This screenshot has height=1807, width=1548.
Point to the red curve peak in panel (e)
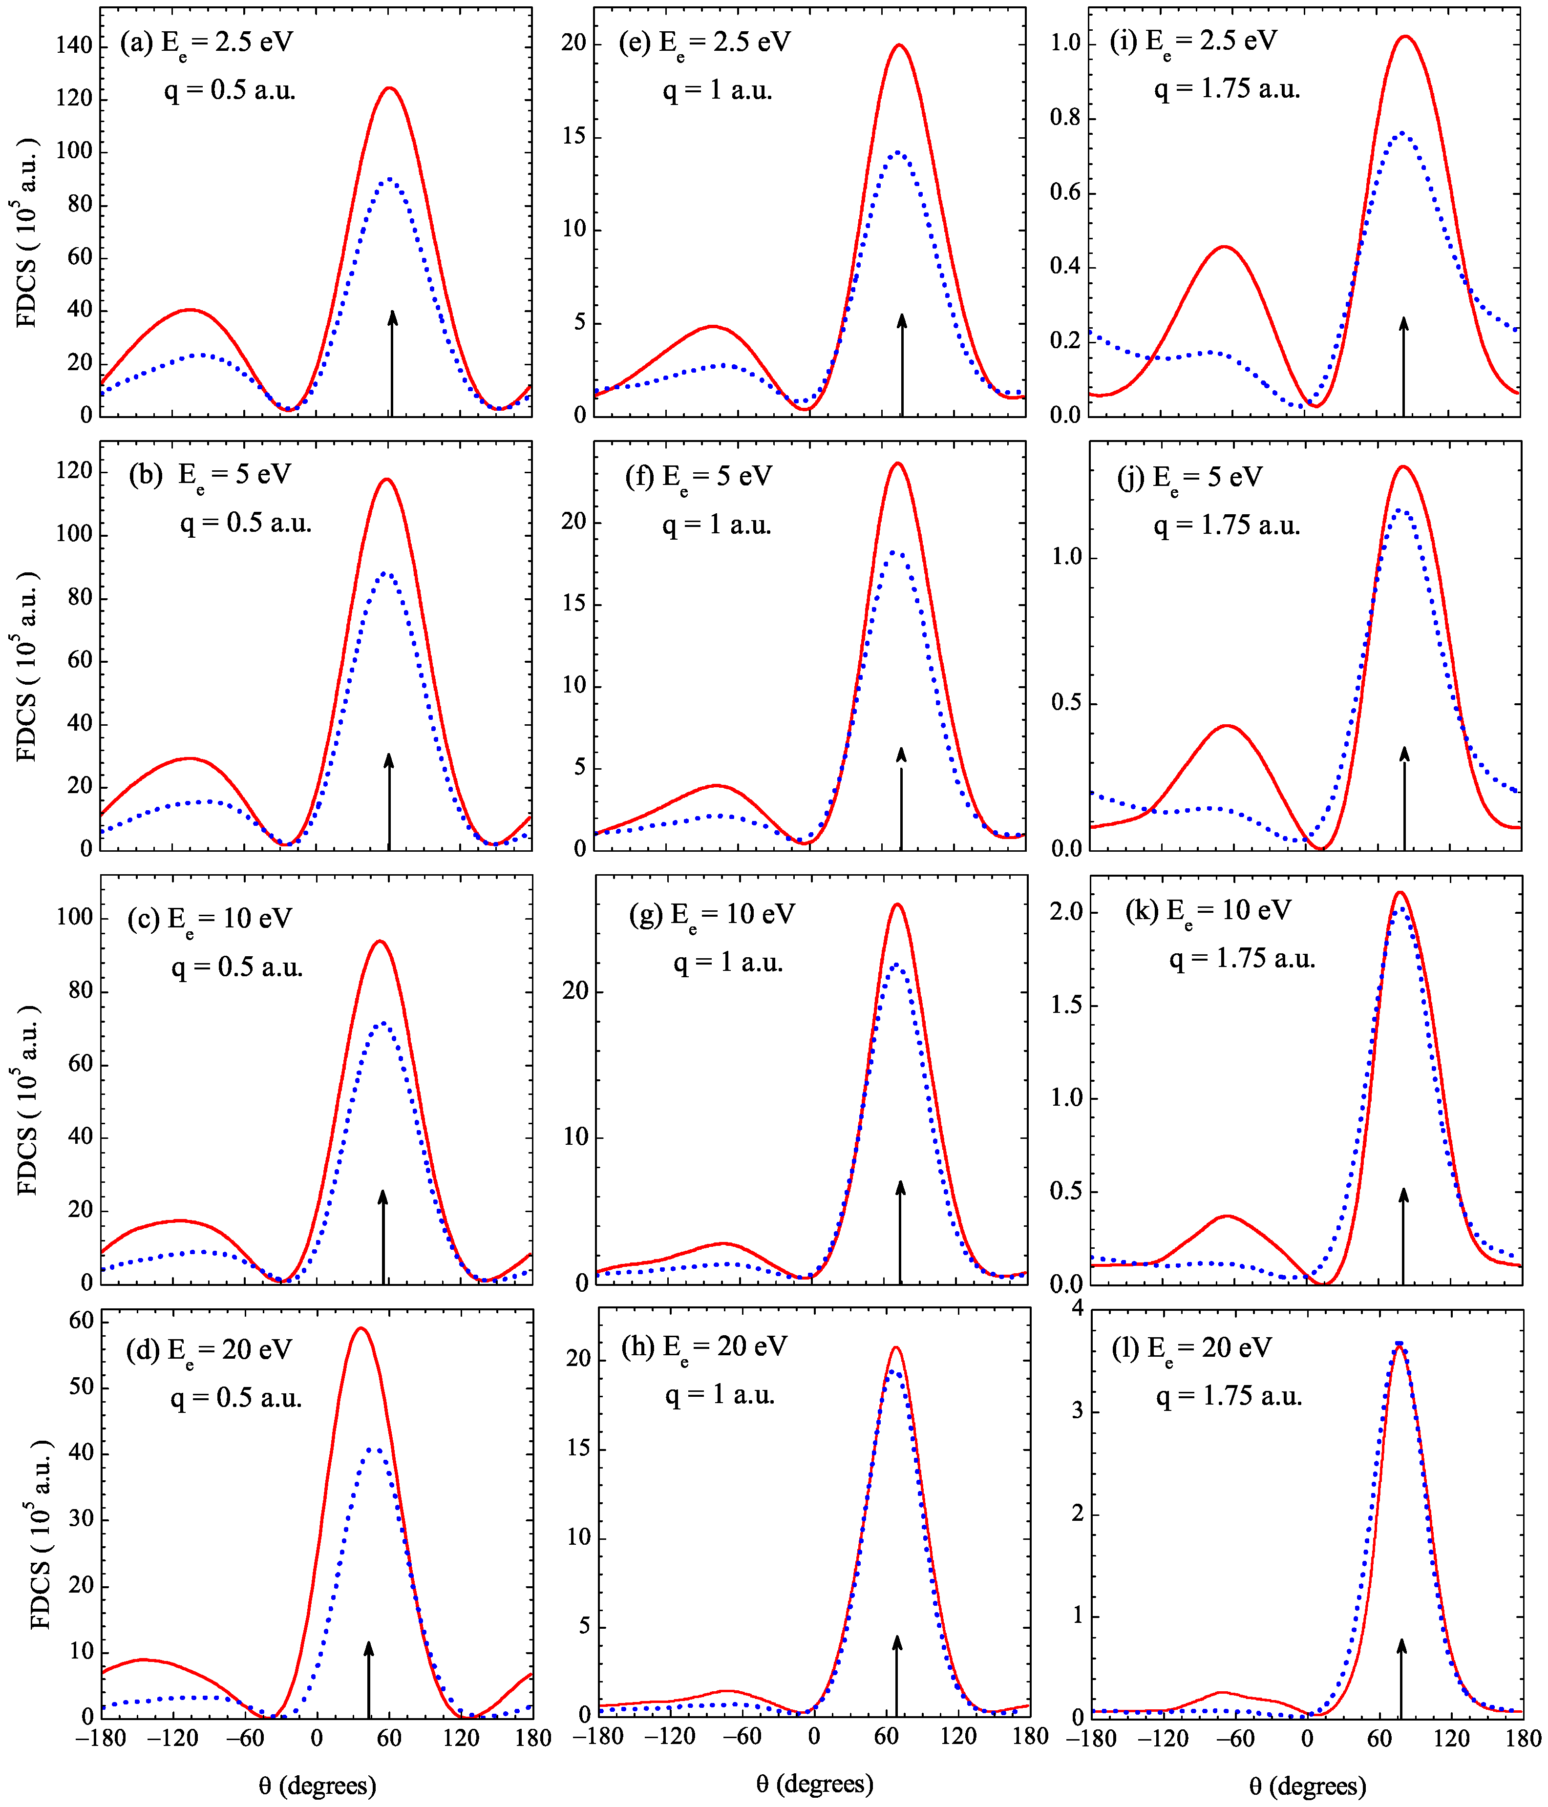899,45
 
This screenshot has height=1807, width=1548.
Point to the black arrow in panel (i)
1403,366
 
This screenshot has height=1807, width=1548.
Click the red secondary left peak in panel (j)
1227,726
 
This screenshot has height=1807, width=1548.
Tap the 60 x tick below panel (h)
886,1736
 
